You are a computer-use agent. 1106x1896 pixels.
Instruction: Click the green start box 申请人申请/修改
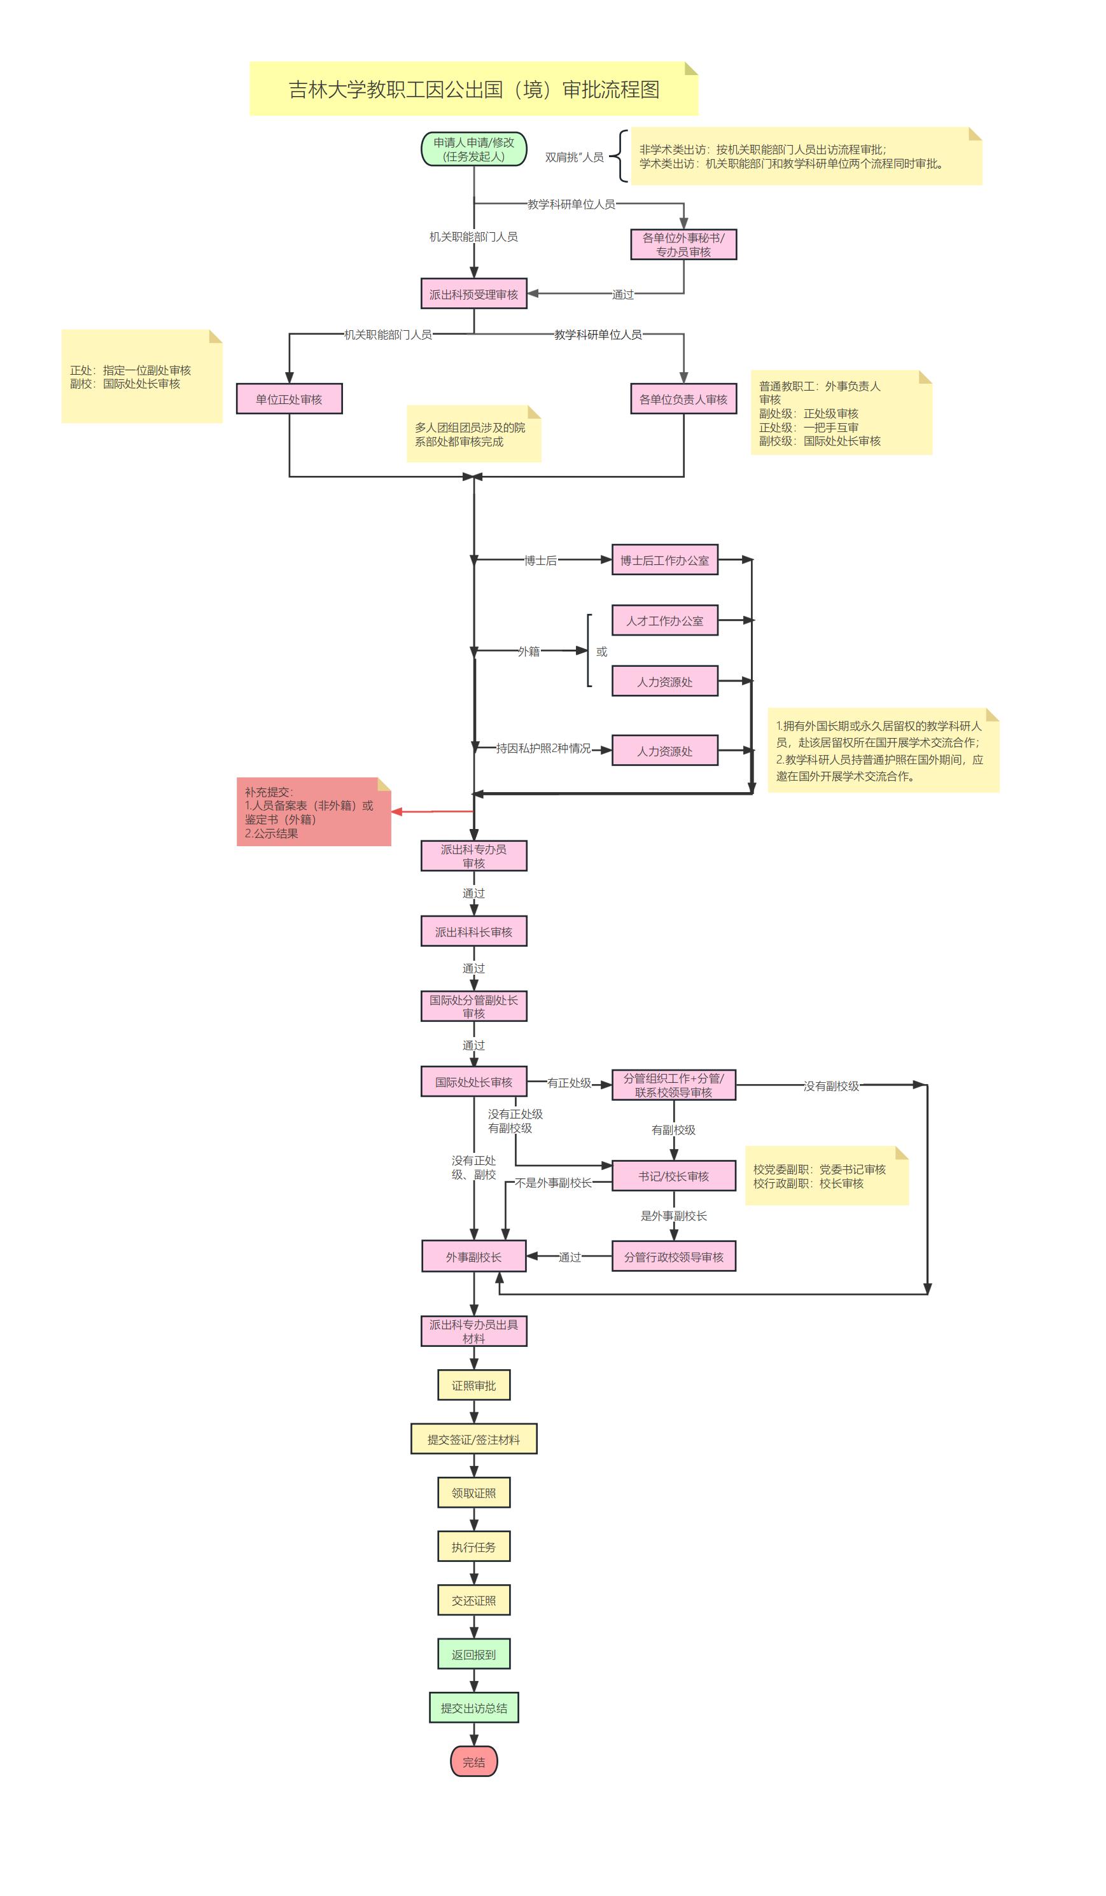coord(473,149)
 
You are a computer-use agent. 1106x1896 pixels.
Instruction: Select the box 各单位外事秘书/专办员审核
coord(683,244)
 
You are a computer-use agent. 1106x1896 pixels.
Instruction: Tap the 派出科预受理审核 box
coord(473,294)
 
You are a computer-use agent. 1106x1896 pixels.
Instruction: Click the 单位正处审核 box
coord(289,399)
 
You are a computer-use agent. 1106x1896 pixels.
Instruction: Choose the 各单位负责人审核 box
coord(683,399)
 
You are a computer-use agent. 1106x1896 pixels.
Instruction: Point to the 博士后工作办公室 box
coord(664,560)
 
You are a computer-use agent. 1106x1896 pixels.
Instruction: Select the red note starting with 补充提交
coord(313,812)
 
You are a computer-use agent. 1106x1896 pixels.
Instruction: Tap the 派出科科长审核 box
coord(473,931)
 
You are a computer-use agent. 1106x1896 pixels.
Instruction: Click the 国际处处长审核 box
coord(473,1082)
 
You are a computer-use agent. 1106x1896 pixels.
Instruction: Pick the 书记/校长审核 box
coord(673,1176)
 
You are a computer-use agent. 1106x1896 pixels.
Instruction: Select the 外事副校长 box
coord(473,1257)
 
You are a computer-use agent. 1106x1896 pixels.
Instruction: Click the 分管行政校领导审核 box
coord(673,1257)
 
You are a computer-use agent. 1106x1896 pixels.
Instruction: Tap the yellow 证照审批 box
coord(473,1385)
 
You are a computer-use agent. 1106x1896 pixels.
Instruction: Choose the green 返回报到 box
coord(473,1654)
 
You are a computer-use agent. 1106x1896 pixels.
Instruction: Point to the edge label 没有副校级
coord(830,1085)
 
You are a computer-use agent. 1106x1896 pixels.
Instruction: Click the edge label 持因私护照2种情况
coord(543,749)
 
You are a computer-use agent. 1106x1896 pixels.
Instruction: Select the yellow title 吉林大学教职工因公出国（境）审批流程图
coord(473,90)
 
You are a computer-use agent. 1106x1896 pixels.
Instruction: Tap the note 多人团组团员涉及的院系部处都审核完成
coord(472,434)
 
